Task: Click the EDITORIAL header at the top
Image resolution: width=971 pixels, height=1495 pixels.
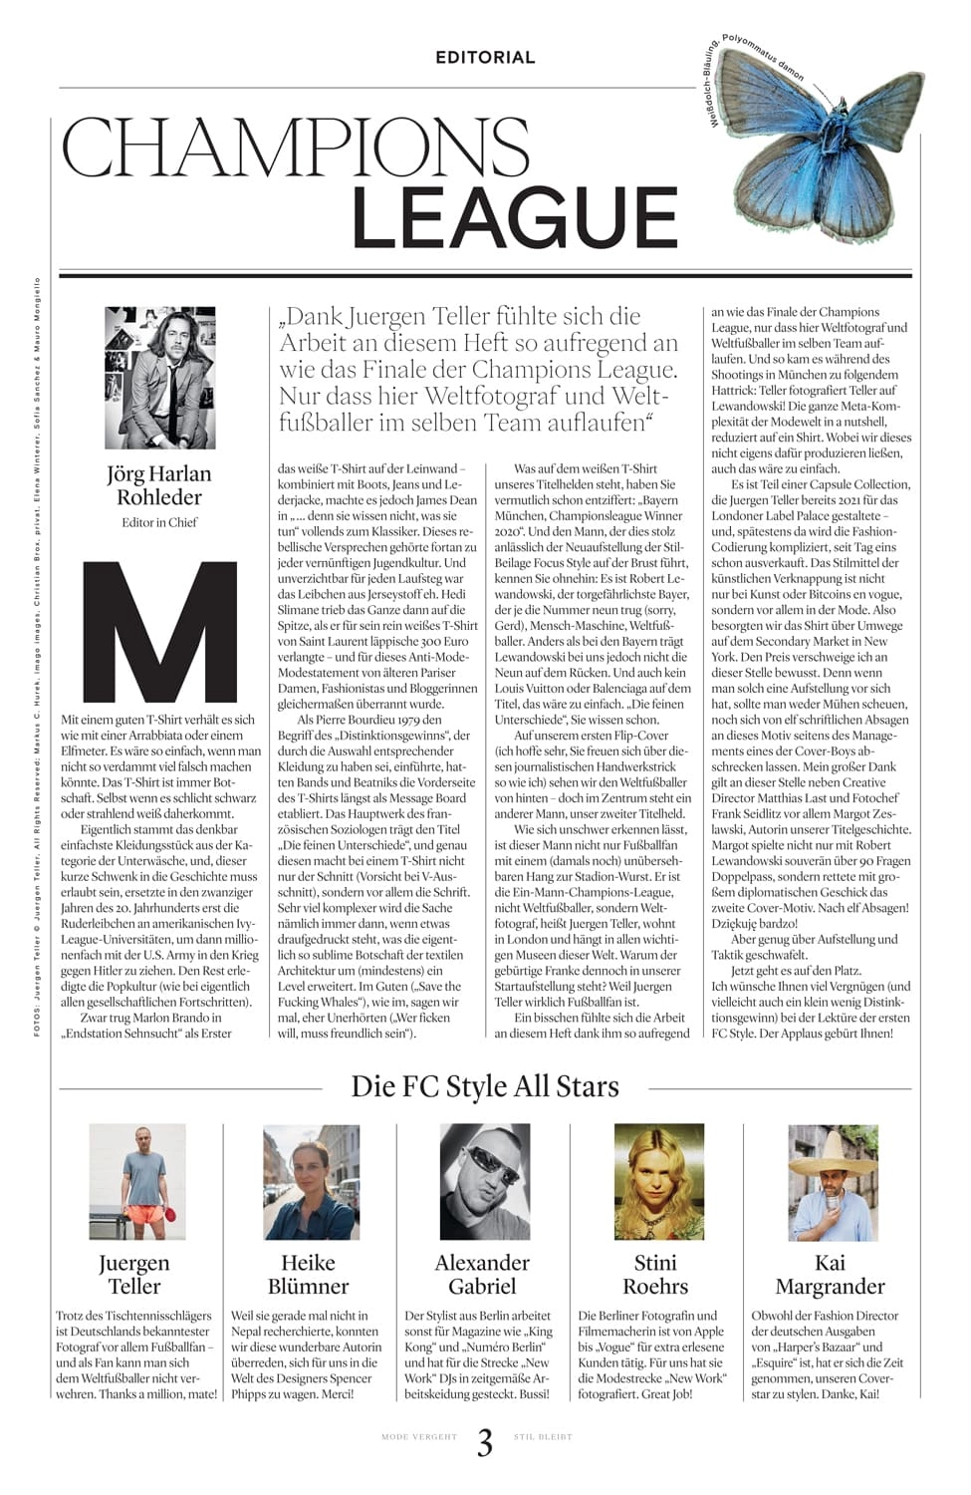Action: pos(485,58)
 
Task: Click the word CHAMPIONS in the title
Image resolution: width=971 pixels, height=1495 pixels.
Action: pos(296,148)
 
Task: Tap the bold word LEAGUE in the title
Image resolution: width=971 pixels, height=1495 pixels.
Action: pos(514,217)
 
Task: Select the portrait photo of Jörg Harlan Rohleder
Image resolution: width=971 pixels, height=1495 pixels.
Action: pos(160,378)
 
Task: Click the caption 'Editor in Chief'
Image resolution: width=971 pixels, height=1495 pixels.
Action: pos(159,522)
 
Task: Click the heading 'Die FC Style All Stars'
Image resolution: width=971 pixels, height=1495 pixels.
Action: pos(485,1085)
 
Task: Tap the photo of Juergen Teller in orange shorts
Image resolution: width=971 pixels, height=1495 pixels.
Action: pos(137,1182)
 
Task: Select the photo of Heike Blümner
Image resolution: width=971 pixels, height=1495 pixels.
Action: pos(311,1182)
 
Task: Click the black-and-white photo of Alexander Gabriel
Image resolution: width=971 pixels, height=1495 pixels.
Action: pos(485,1182)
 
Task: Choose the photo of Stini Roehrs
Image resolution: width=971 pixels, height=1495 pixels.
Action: pos(658,1182)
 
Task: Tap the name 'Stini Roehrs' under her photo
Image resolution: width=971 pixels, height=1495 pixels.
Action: pos(655,1274)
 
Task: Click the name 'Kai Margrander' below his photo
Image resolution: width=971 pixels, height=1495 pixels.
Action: pos(830,1274)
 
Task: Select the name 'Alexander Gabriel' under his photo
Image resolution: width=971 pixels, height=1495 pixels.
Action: pos(482,1274)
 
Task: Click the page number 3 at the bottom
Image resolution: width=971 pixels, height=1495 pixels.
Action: pos(485,1442)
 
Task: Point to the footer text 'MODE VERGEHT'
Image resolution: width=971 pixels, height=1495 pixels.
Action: pos(419,1437)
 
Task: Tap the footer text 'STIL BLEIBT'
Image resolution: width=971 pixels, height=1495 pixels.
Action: pos(543,1437)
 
